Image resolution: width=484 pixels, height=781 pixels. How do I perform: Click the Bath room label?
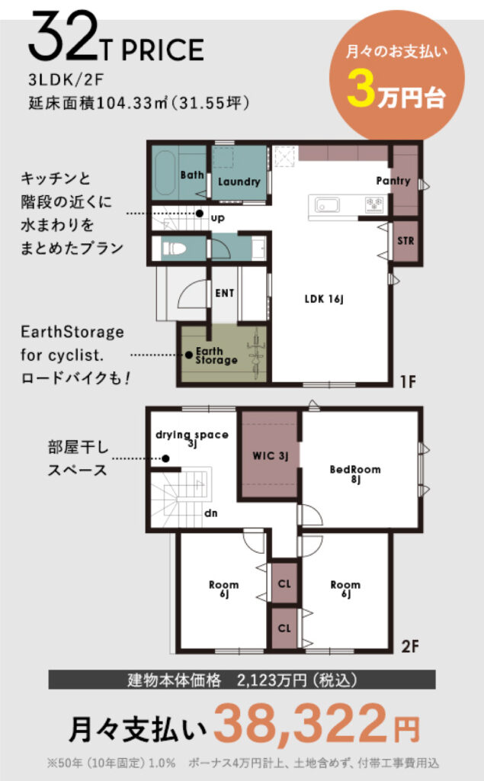[192, 175]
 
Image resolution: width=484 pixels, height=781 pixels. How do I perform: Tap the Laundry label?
[239, 182]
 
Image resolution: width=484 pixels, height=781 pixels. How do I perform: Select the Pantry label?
[393, 181]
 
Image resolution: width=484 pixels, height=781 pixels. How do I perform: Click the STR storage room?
[405, 241]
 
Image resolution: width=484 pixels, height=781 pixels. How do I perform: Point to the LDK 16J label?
[324, 299]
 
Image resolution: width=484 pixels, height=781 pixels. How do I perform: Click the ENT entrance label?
[225, 293]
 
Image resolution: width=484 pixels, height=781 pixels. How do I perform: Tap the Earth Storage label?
[216, 355]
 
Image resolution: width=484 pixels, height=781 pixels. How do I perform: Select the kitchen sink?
[327, 204]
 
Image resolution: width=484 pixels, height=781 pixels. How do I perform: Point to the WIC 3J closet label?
[271, 456]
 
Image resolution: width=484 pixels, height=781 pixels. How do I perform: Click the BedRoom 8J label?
[355, 474]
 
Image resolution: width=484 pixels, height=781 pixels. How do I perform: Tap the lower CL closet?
[284, 628]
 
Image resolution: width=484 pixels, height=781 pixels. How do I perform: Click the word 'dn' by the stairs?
[210, 513]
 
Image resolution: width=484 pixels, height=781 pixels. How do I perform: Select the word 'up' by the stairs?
[217, 218]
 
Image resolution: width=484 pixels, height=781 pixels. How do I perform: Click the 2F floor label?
[410, 646]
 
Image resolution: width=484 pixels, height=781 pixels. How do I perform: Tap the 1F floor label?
[408, 381]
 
